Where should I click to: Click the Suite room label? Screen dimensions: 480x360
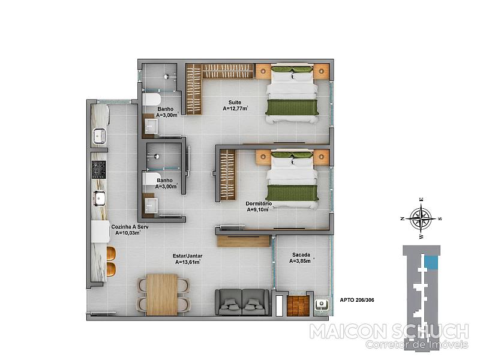coord(235,103)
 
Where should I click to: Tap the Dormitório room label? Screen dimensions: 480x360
coord(259,203)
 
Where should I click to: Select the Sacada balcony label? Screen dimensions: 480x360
coord(301,254)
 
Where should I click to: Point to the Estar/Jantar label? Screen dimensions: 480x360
coord(187,256)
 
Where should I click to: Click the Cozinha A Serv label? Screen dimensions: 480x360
coord(130,227)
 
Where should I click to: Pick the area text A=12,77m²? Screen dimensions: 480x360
coord(235,109)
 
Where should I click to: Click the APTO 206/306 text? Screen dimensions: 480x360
coord(357,300)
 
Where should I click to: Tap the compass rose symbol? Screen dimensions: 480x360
coord(422,218)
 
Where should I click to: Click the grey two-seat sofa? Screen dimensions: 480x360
coord(242,302)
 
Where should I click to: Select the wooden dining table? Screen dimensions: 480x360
coord(162,295)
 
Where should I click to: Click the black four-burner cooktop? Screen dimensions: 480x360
coord(99,170)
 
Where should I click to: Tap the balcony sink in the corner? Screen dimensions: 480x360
coord(322,304)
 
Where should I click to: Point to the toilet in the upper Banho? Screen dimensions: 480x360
coord(152,100)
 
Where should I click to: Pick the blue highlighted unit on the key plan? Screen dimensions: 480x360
coord(431,263)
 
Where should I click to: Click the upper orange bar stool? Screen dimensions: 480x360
coord(111,253)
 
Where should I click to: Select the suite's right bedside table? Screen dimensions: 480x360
coord(321,71)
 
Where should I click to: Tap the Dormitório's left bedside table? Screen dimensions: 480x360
coord(263,157)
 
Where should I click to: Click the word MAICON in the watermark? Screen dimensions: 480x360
coord(348,331)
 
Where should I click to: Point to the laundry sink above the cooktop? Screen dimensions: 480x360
coord(99,136)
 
